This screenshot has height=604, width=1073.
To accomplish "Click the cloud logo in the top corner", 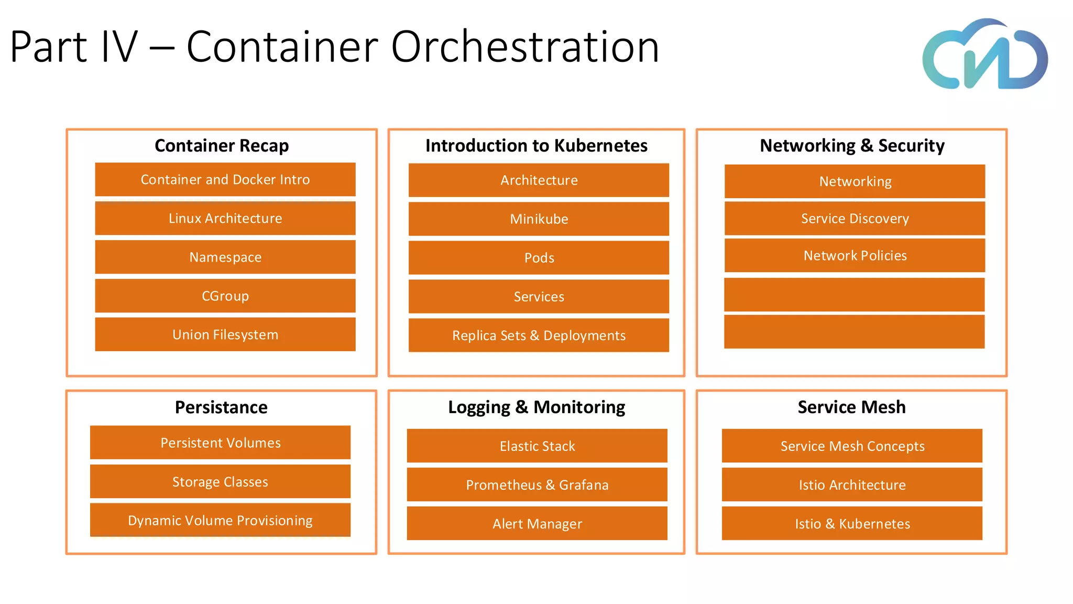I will [985, 55].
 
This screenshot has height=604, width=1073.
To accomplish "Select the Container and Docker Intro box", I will [225, 179].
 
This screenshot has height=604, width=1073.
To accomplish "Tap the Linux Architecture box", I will [225, 218].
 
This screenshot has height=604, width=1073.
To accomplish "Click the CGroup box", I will [225, 296].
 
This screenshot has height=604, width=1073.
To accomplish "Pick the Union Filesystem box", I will [225, 335].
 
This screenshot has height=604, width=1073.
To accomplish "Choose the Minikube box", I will [539, 219].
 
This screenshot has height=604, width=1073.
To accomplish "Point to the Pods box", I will [539, 257].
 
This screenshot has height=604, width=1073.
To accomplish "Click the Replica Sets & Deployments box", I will [539, 335].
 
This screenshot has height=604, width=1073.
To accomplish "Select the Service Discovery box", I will [855, 218].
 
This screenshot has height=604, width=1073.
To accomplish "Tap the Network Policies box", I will [855, 255].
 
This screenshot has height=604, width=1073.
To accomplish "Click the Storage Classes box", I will [220, 481].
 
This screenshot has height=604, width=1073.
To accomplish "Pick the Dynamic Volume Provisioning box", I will [220, 520].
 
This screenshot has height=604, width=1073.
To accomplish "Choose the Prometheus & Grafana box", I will [537, 484].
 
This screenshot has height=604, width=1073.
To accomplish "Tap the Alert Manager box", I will [537, 523].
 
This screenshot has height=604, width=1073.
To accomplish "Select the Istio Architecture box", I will [852, 484].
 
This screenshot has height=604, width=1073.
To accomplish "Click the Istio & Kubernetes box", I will [852, 523].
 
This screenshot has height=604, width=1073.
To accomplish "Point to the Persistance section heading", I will [221, 407].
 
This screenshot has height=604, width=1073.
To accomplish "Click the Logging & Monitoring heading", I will [536, 407].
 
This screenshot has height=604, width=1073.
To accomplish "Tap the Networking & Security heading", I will [852, 145].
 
